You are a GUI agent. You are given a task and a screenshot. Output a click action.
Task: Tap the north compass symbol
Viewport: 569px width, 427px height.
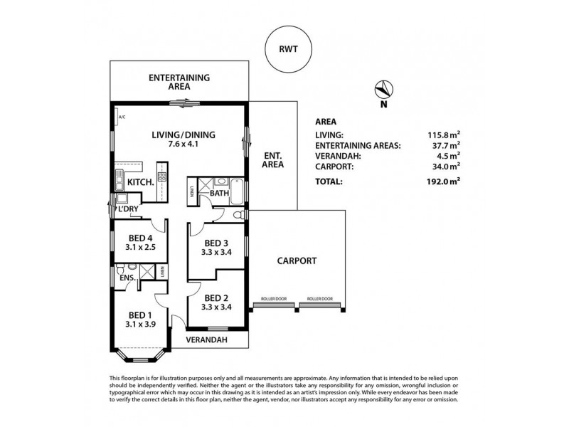383,90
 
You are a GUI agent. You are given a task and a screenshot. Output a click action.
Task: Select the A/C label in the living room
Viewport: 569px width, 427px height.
122,117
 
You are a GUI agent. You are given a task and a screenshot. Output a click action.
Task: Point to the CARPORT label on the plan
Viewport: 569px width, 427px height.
296,261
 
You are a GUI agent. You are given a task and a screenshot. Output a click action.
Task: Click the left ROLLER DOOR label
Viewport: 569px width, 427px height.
273,299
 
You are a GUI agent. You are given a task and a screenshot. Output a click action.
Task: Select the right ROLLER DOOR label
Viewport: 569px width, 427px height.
319,299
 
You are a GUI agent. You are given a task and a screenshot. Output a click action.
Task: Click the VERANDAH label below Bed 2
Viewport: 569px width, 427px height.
206,341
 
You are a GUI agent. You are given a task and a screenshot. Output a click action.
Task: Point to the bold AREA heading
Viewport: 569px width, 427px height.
326,122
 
